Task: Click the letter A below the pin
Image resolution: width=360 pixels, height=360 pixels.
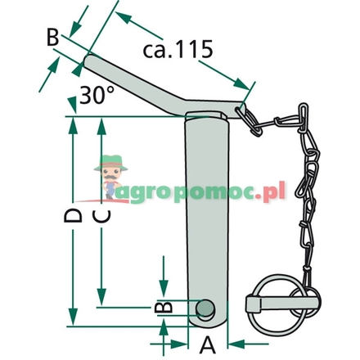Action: (208, 344)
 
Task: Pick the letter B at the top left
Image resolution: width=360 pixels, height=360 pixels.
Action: (52, 37)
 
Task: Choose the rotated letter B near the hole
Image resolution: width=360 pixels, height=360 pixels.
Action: (164, 307)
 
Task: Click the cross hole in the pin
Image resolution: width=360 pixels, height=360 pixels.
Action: (206, 308)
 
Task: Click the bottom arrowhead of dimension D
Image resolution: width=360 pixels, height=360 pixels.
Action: (74, 318)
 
